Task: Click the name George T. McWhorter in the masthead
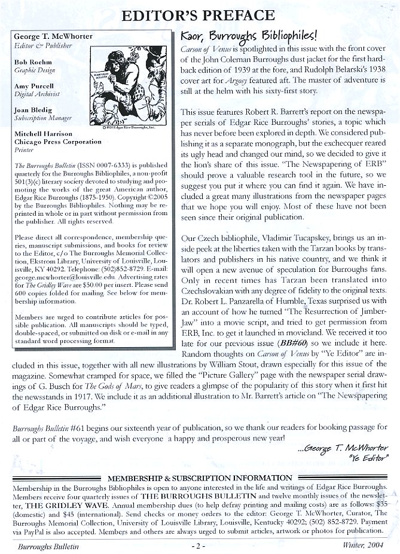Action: click(53, 36)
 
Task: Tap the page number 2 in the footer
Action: click(199, 546)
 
